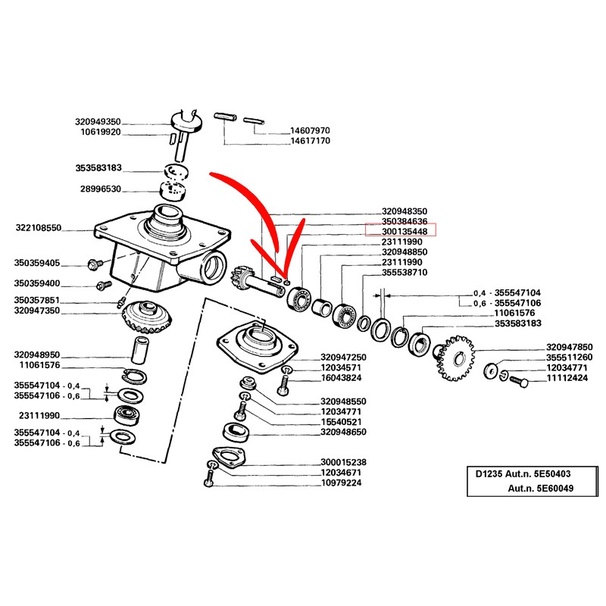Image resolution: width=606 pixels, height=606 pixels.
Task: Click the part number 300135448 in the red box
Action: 405,231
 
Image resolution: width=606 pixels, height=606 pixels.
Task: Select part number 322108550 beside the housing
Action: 38,227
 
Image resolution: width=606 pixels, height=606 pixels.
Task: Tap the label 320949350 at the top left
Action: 98,121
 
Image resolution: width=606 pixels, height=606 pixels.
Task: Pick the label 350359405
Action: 37,264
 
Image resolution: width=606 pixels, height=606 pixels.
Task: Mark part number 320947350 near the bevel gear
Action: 37,310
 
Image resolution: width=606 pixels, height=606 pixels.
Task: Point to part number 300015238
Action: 343,461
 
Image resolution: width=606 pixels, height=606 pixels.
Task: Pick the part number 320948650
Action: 343,433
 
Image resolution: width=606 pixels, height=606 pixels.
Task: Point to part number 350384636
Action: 405,221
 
